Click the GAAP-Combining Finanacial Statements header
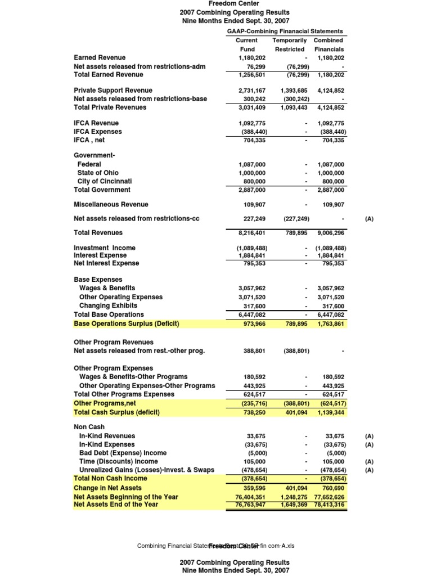[285, 31]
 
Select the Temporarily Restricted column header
[289, 44]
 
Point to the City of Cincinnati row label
[105, 181]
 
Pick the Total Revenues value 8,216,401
[251, 232]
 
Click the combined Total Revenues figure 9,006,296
[331, 232]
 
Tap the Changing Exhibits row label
[108, 305]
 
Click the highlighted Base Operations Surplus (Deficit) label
[127, 323]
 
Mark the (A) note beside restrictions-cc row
[369, 219]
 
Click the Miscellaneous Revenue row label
[111, 204]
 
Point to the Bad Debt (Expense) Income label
[123, 453]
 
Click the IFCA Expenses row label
[97, 132]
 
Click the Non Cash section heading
[89, 427]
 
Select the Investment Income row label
[105, 247]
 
